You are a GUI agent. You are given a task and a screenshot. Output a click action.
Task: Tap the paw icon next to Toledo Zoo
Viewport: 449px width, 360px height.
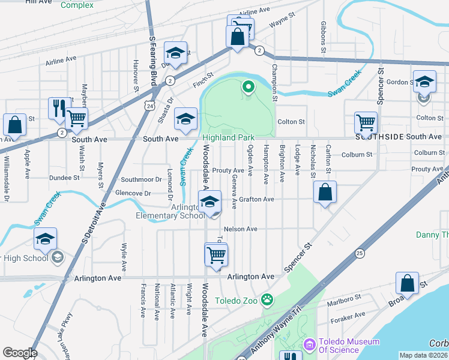267,299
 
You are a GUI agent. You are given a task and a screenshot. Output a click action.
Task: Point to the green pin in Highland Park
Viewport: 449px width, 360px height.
248,88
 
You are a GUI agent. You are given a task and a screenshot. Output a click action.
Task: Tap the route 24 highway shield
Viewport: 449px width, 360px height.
148,105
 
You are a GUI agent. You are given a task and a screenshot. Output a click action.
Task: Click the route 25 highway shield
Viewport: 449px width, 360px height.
360,253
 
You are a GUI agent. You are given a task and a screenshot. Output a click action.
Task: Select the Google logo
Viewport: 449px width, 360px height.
19,353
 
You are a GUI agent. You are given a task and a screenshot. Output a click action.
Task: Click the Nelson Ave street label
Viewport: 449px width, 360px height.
240,229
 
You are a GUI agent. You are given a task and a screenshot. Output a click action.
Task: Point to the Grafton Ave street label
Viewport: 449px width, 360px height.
256,199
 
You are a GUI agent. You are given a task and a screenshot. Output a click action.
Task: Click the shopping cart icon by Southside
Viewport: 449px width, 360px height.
366,122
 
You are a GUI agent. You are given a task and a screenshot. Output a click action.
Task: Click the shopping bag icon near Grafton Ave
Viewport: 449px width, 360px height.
325,192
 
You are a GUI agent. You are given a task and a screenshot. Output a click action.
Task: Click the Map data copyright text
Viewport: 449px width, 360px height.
423,355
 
